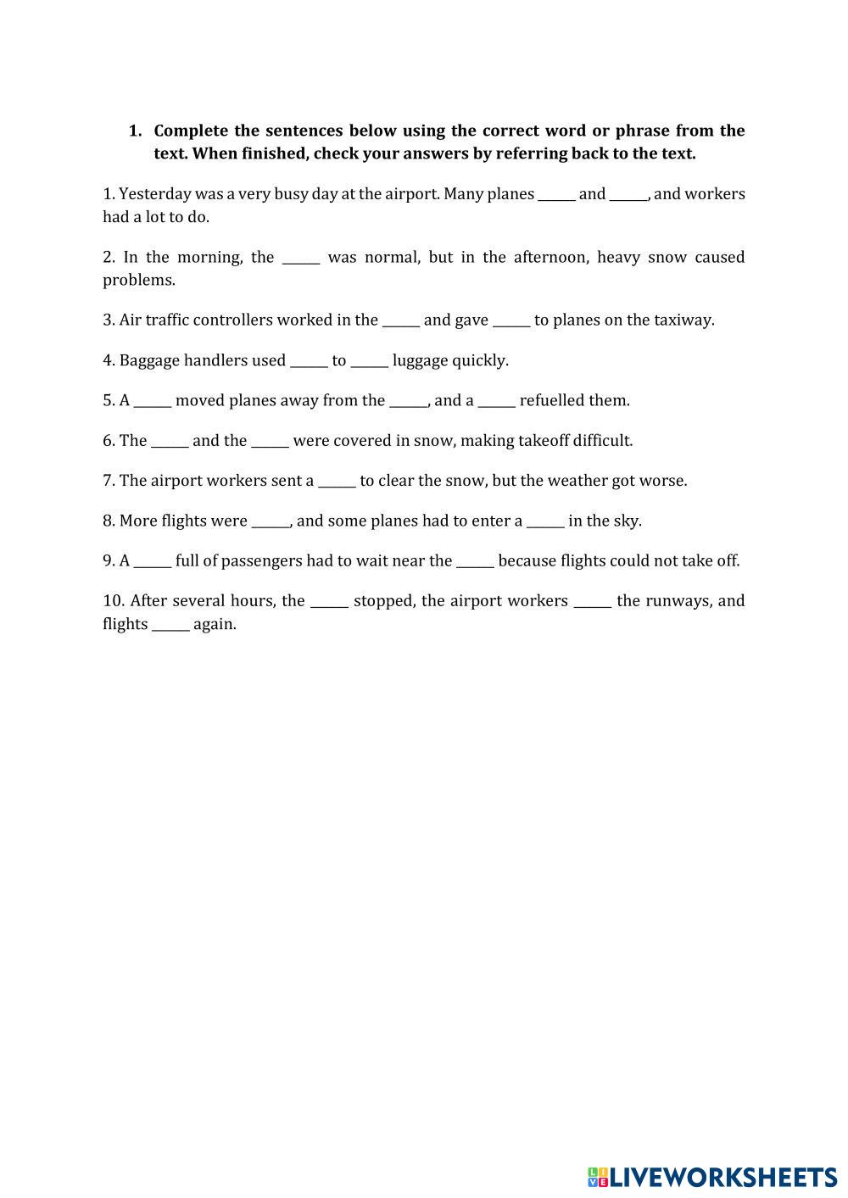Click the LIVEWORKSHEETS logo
(x=712, y=1177)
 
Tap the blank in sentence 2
(x=301, y=258)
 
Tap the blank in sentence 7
(x=337, y=482)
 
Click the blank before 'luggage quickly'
(x=369, y=361)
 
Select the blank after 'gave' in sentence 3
(x=511, y=321)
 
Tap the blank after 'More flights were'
(x=271, y=521)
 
